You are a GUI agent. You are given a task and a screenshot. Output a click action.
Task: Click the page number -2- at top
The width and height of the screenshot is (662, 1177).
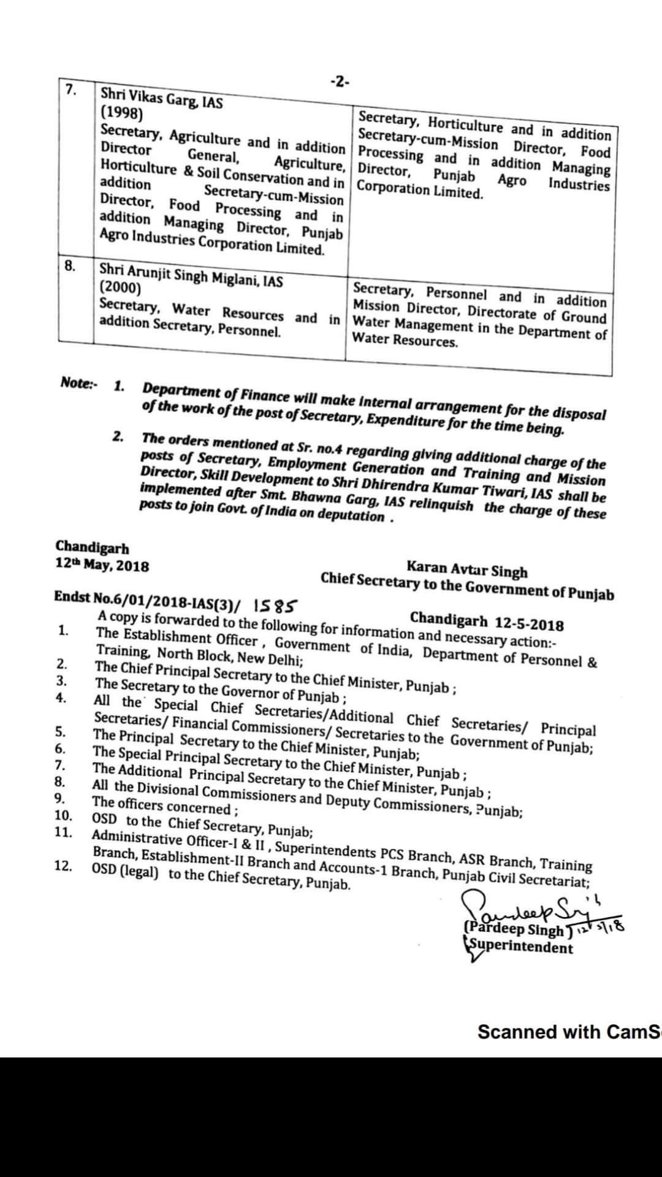[339, 82]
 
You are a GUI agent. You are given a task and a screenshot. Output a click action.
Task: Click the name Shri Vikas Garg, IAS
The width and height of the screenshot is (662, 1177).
[162, 98]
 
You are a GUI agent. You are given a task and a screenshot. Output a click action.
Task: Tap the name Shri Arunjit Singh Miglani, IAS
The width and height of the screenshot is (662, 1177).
[191, 275]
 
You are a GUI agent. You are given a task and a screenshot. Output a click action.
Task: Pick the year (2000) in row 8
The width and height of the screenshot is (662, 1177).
[120, 288]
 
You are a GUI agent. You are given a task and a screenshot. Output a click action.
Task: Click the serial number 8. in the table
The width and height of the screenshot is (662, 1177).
[70, 265]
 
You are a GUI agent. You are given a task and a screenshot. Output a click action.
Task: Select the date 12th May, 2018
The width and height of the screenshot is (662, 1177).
[102, 565]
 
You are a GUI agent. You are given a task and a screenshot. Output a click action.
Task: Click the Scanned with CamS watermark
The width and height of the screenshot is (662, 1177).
[569, 1032]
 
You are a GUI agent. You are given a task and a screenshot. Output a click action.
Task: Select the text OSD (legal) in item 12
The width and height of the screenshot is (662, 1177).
[124, 872]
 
